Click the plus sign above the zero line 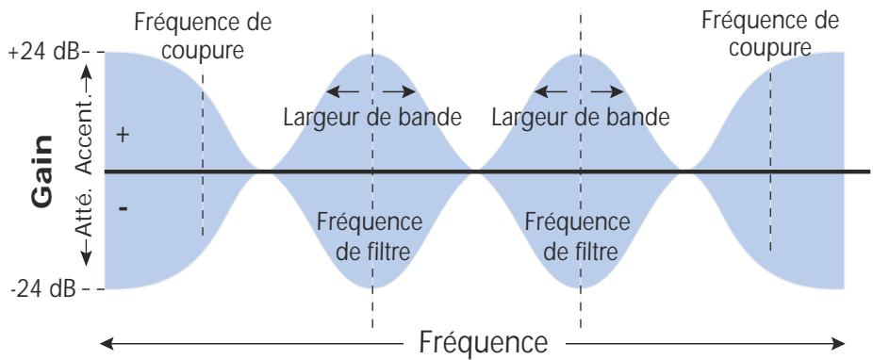[x=121, y=136]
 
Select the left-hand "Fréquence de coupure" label [x=196, y=35]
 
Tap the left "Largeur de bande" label [x=371, y=119]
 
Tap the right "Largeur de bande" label [x=581, y=119]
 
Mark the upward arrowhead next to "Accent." [x=90, y=69]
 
